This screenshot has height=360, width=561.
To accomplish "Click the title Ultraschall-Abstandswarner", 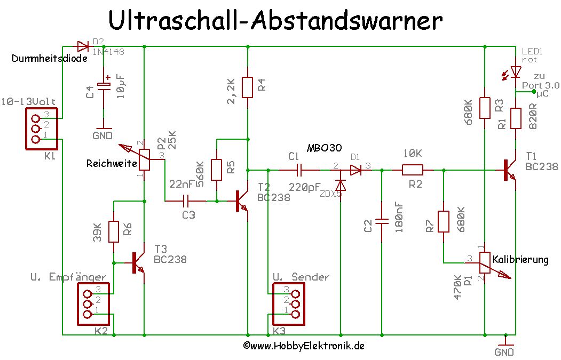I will click(275, 21).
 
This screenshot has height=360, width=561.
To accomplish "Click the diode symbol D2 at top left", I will click(83, 46).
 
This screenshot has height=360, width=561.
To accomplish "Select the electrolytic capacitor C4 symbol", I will click(104, 85).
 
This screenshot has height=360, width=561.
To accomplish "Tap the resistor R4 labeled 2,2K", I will click(247, 87).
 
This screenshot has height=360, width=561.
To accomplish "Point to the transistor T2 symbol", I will click(242, 202).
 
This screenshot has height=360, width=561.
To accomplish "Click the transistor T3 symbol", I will click(138, 263).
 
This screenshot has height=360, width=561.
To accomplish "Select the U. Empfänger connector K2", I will click(94, 304).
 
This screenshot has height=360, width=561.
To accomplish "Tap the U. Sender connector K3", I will click(287, 304).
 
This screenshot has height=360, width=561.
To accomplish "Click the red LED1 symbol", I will click(515, 71).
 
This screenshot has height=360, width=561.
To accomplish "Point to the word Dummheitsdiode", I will click(49, 59).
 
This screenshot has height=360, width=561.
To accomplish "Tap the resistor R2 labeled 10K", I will click(412, 170).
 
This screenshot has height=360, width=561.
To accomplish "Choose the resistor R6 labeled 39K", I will click(113, 231).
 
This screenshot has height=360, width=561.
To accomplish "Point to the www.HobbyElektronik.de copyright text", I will click(303, 346).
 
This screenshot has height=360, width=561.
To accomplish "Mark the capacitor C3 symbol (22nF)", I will click(186, 201).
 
